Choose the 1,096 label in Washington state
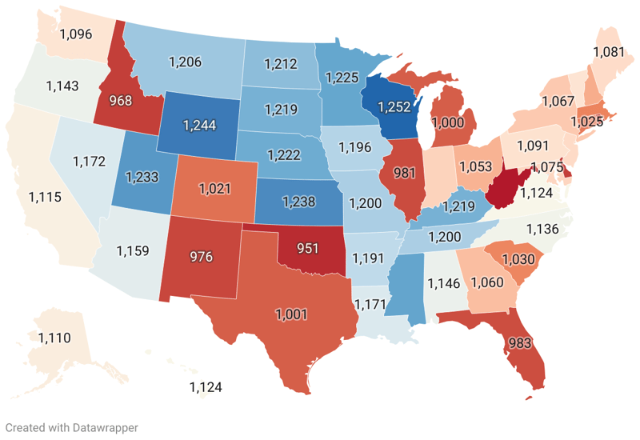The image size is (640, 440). (x=76, y=34)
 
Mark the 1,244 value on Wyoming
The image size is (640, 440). (x=199, y=126)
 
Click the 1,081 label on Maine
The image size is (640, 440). (x=608, y=53)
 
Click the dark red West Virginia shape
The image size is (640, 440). (x=503, y=191)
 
